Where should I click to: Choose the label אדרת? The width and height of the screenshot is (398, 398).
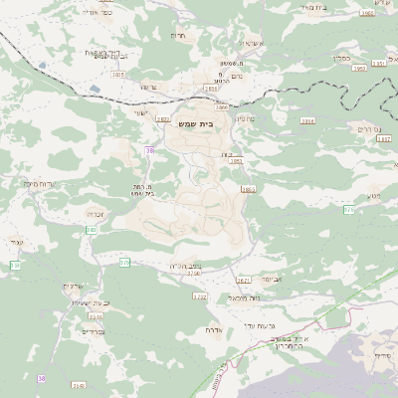213,329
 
